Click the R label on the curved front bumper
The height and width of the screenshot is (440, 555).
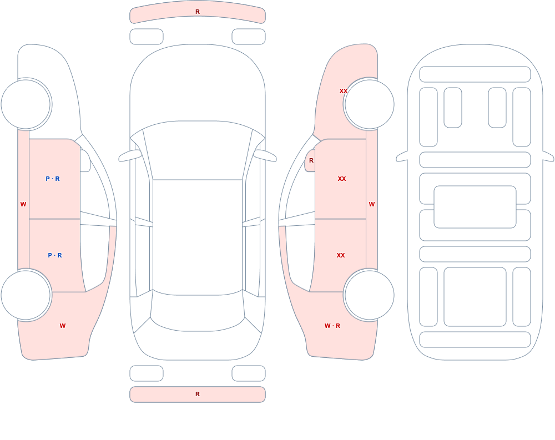198,12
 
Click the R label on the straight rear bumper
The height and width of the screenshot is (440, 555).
198,394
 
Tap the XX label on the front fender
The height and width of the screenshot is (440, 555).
344,91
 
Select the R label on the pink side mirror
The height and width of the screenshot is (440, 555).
311,160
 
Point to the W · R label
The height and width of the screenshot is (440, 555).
332,326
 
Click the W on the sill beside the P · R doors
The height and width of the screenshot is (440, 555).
23,204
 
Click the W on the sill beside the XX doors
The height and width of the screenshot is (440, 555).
372,204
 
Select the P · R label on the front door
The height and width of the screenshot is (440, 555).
53,179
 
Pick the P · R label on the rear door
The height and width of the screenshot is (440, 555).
55,255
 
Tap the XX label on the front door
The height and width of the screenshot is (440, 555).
341,179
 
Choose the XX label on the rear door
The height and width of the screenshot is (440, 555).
341,255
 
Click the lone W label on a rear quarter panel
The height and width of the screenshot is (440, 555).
63,326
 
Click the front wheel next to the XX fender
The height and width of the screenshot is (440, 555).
369,104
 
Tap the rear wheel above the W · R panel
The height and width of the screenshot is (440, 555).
369,295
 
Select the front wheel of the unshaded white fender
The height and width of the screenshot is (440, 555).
26,104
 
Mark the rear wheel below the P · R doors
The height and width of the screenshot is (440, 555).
26,295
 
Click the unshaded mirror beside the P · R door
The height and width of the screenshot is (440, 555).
85,161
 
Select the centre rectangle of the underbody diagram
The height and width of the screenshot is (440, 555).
475,207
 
